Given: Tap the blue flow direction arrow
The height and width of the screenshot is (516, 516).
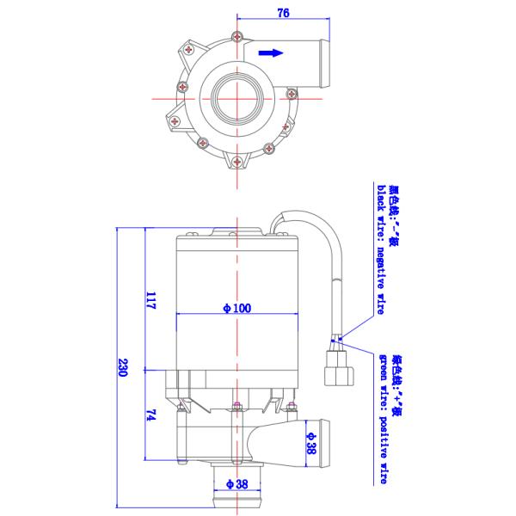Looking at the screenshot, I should (x=271, y=52).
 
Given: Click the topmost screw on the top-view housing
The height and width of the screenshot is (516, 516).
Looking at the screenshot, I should (x=235, y=35).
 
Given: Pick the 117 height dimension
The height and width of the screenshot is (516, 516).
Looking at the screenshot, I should (x=150, y=301).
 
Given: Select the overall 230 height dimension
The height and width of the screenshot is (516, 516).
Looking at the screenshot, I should (x=123, y=367).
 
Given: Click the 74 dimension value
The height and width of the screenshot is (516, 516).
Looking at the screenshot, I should (x=150, y=415).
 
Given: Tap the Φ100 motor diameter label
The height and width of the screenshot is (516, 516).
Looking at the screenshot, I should (x=236, y=308).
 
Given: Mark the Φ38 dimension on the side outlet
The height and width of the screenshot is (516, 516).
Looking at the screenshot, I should (x=310, y=443).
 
